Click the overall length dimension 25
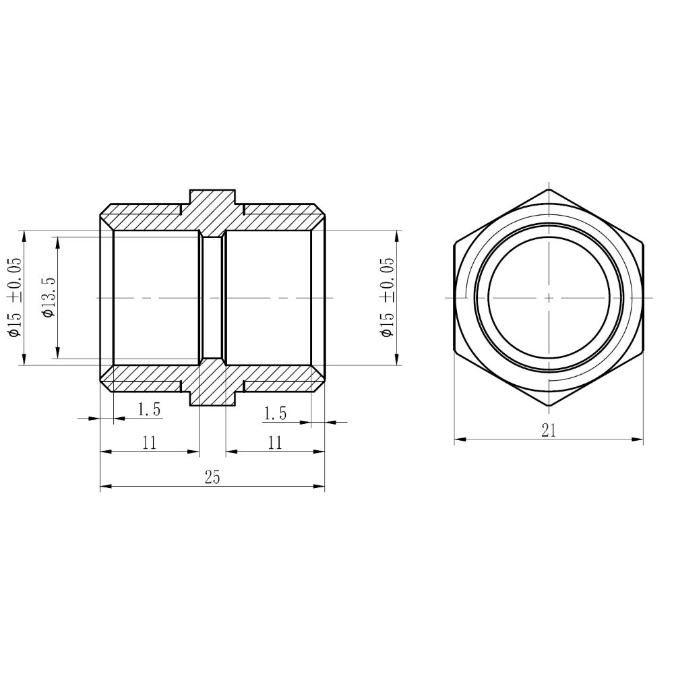[x=212, y=477]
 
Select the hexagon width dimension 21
[x=549, y=431]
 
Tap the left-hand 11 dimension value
[x=150, y=442]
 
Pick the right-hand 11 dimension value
[x=275, y=442]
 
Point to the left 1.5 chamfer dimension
[x=149, y=409]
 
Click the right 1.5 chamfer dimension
[x=275, y=413]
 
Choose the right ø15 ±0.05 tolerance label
[x=387, y=297]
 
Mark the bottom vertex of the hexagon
[x=549, y=406]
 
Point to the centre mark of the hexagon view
[x=549, y=297]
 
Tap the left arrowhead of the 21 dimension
[x=458, y=439]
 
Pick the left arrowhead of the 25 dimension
[x=104, y=485]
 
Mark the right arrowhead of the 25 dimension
[x=320, y=485]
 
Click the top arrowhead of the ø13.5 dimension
[x=58, y=241]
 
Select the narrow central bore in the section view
[x=212, y=297]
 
